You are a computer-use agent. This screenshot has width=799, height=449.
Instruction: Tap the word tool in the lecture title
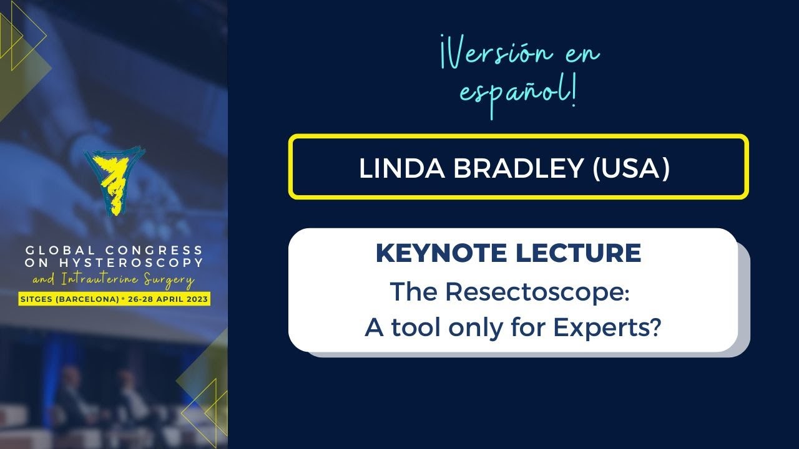(414, 327)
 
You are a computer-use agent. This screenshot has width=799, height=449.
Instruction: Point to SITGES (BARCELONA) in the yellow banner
(69, 299)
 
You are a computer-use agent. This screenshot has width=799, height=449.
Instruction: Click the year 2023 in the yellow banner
(197, 299)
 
